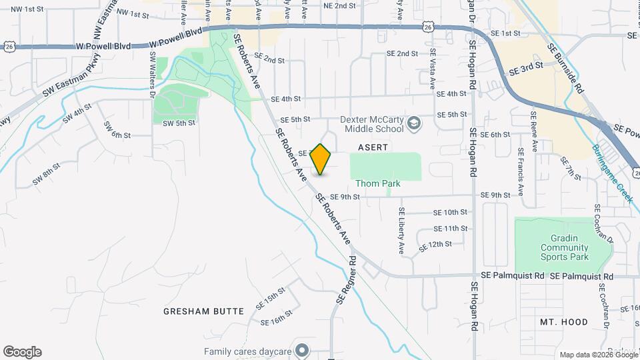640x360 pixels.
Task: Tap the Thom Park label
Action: click(377, 183)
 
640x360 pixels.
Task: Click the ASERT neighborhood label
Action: click(373, 146)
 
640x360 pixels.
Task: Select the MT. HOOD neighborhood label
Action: click(563, 322)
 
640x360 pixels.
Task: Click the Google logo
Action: click(22, 351)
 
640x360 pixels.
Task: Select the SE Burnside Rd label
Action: click(565, 68)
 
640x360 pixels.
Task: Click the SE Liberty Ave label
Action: click(401, 231)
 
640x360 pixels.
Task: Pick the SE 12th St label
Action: click(435, 246)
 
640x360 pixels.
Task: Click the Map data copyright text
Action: click(598, 355)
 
